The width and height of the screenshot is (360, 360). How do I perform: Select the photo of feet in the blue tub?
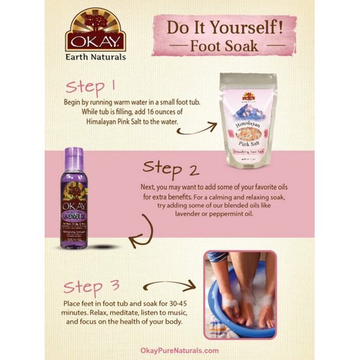[240, 294]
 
